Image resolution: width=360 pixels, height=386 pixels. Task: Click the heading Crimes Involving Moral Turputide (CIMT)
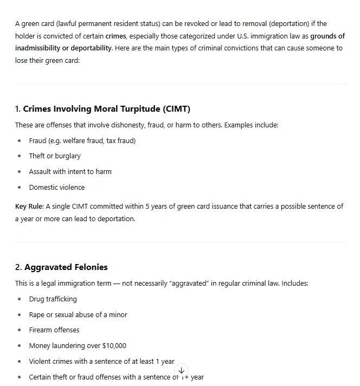coord(106,109)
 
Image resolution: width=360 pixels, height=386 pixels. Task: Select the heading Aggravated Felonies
coord(66,267)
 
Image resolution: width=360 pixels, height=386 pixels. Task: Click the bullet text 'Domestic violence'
coord(57,188)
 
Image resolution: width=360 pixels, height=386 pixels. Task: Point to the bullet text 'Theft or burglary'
coord(55,156)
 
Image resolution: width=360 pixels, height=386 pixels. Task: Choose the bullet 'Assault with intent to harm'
coord(70,172)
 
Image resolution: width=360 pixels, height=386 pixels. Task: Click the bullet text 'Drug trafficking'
coord(53,299)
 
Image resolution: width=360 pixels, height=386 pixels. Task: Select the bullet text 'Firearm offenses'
coord(54,330)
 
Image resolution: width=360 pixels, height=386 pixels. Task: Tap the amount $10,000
coord(114,346)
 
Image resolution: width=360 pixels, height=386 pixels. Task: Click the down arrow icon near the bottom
coord(182,370)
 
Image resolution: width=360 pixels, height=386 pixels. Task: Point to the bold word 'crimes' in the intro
coord(115,36)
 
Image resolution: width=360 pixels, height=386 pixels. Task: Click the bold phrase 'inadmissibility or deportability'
coord(64,48)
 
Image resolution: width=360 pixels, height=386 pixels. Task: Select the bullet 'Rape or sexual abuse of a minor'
coord(78,315)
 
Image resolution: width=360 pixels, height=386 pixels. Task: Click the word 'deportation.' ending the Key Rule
coord(115,219)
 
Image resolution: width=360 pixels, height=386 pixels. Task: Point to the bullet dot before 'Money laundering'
coord(20,346)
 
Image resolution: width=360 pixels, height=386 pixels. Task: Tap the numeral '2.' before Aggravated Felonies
coord(18,267)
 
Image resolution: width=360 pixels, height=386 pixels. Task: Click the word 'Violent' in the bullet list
coord(41,362)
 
